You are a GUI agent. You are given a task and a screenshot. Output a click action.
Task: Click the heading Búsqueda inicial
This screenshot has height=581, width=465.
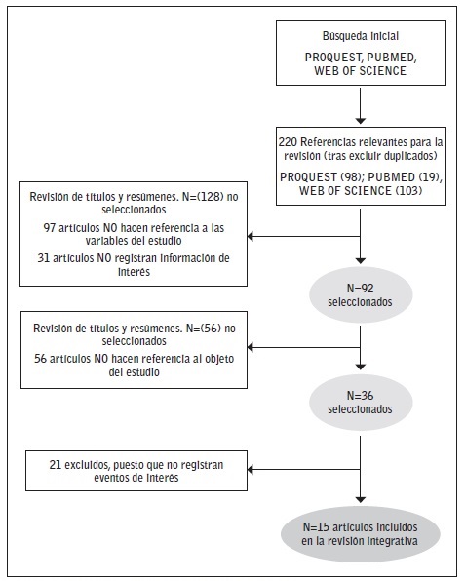[361, 35]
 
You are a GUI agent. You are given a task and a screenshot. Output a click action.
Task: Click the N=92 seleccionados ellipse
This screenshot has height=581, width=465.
[361, 295]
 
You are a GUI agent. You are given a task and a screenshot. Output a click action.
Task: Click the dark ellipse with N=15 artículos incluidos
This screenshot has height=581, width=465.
[361, 533]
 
